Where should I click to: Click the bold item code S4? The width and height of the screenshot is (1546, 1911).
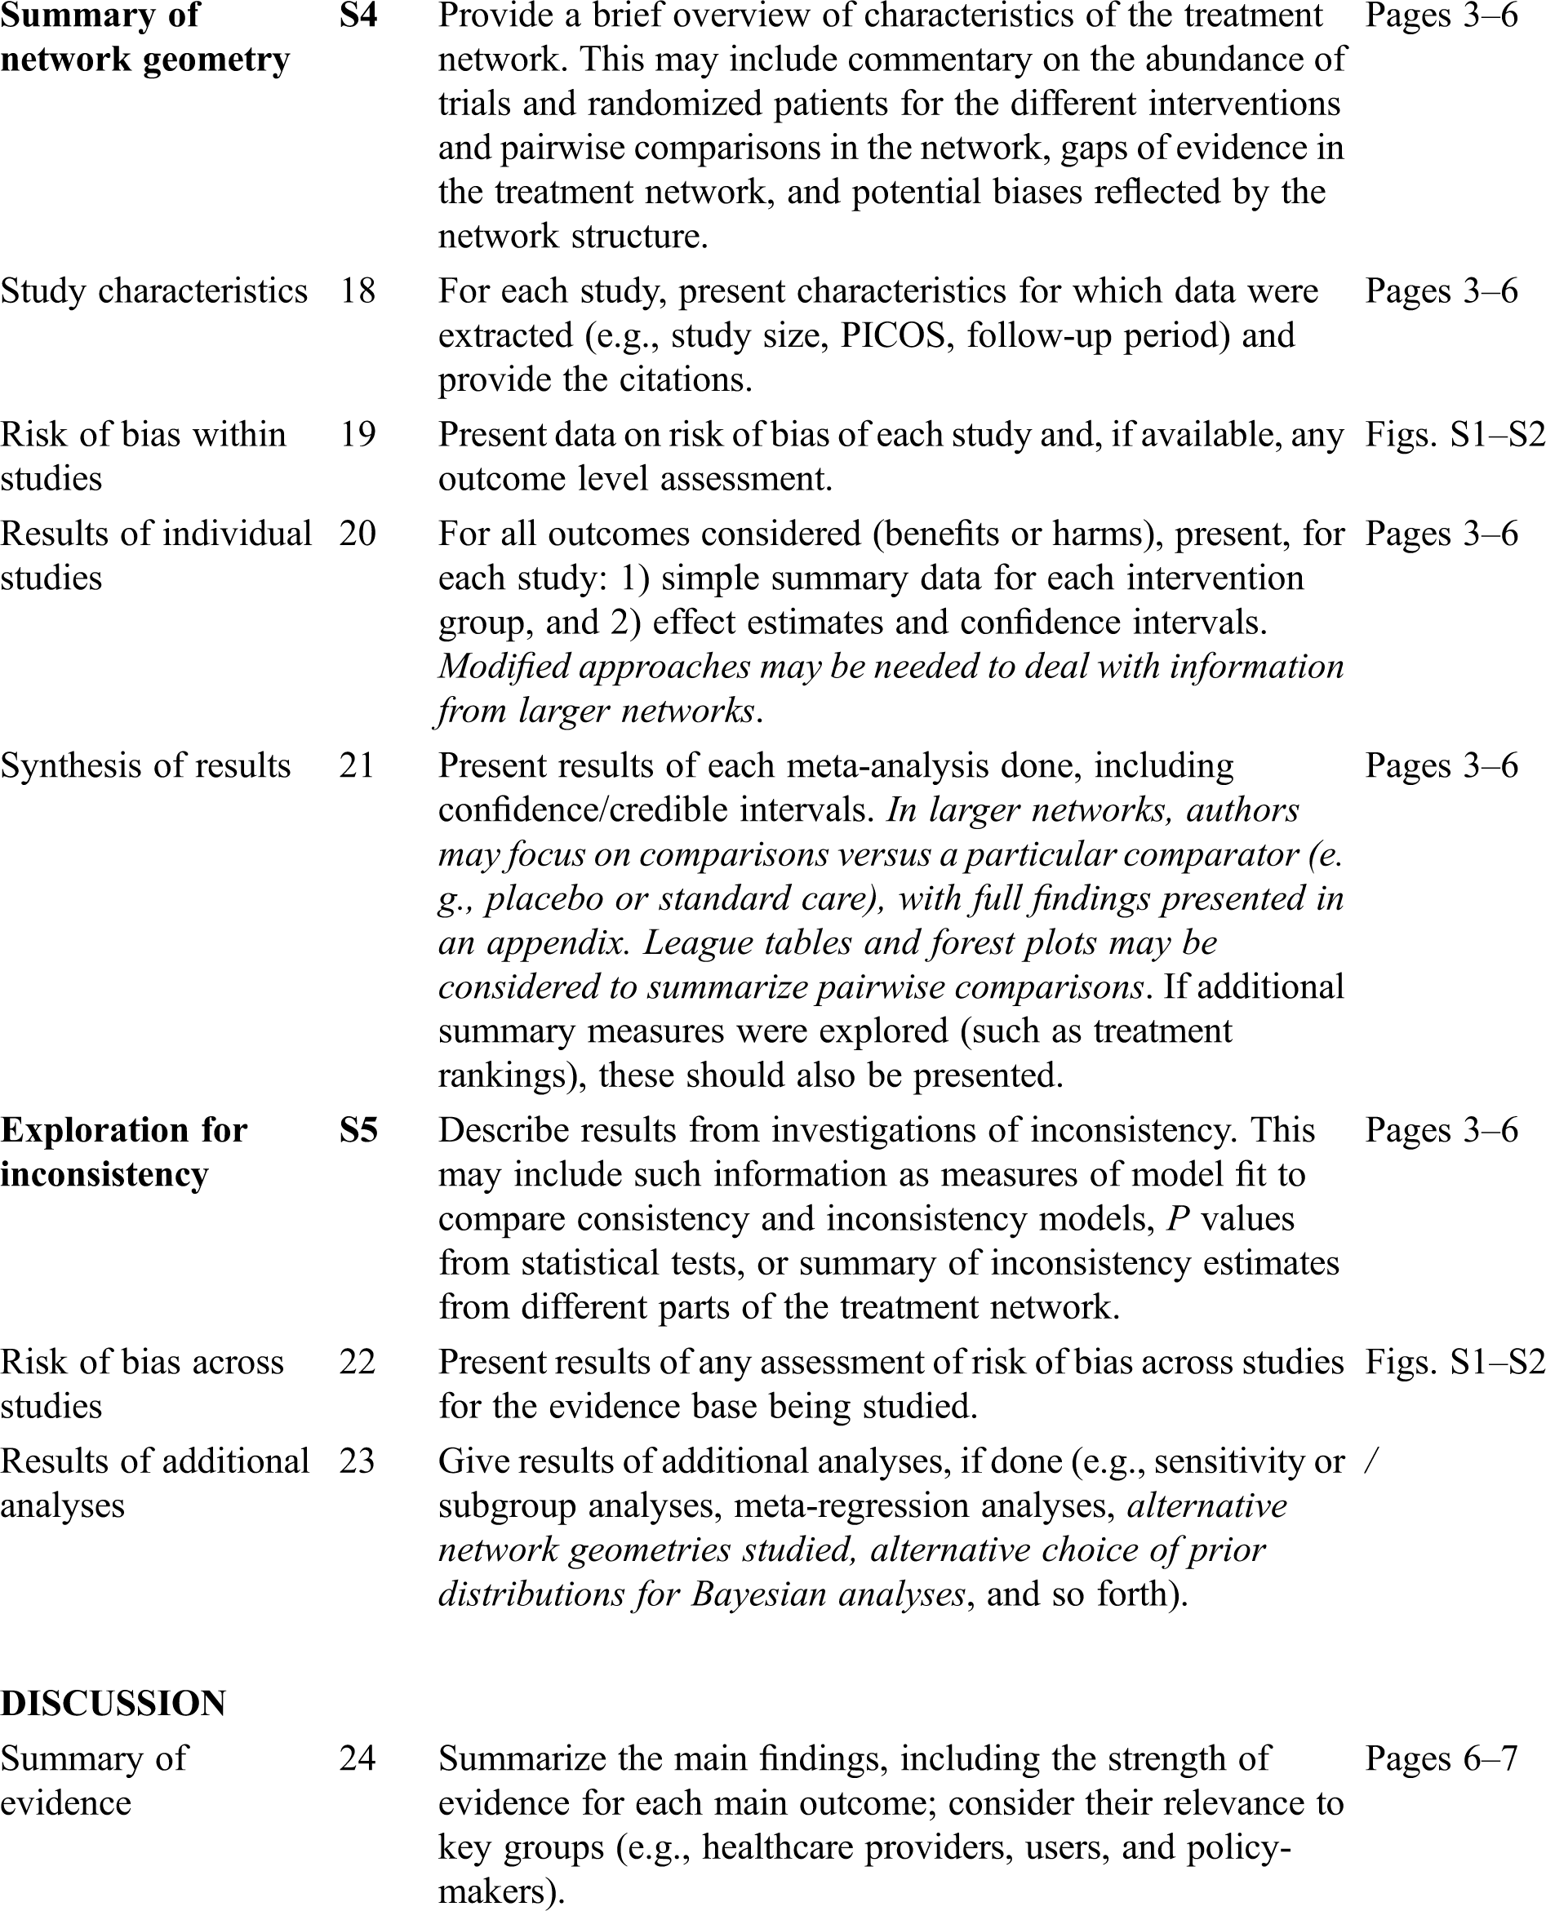tap(358, 16)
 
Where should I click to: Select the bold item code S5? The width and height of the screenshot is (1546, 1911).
tap(358, 1130)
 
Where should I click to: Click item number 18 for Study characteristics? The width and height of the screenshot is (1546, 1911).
tap(357, 291)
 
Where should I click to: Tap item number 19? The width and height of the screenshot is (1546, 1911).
tap(357, 434)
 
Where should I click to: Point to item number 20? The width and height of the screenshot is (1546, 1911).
tap(357, 533)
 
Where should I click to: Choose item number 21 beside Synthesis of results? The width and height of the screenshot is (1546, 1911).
tap(357, 765)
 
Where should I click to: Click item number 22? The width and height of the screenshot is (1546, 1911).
tap(357, 1362)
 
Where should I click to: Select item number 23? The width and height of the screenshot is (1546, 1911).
tap(357, 1461)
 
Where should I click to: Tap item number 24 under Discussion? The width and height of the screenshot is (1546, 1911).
tap(357, 1758)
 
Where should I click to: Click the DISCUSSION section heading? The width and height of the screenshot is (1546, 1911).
tap(113, 1703)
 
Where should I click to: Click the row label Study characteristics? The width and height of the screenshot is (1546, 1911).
tap(154, 291)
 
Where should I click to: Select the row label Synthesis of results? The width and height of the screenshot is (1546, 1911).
tap(145, 765)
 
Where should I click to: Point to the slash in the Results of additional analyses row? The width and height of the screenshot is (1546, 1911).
tap(1371, 1461)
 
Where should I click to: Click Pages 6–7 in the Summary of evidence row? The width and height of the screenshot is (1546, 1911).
tap(1441, 1758)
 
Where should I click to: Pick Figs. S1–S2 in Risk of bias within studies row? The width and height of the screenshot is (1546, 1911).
tap(1455, 434)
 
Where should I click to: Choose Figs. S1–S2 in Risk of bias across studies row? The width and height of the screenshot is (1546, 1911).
tap(1455, 1362)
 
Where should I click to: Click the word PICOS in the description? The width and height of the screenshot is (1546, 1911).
tap(898, 335)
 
